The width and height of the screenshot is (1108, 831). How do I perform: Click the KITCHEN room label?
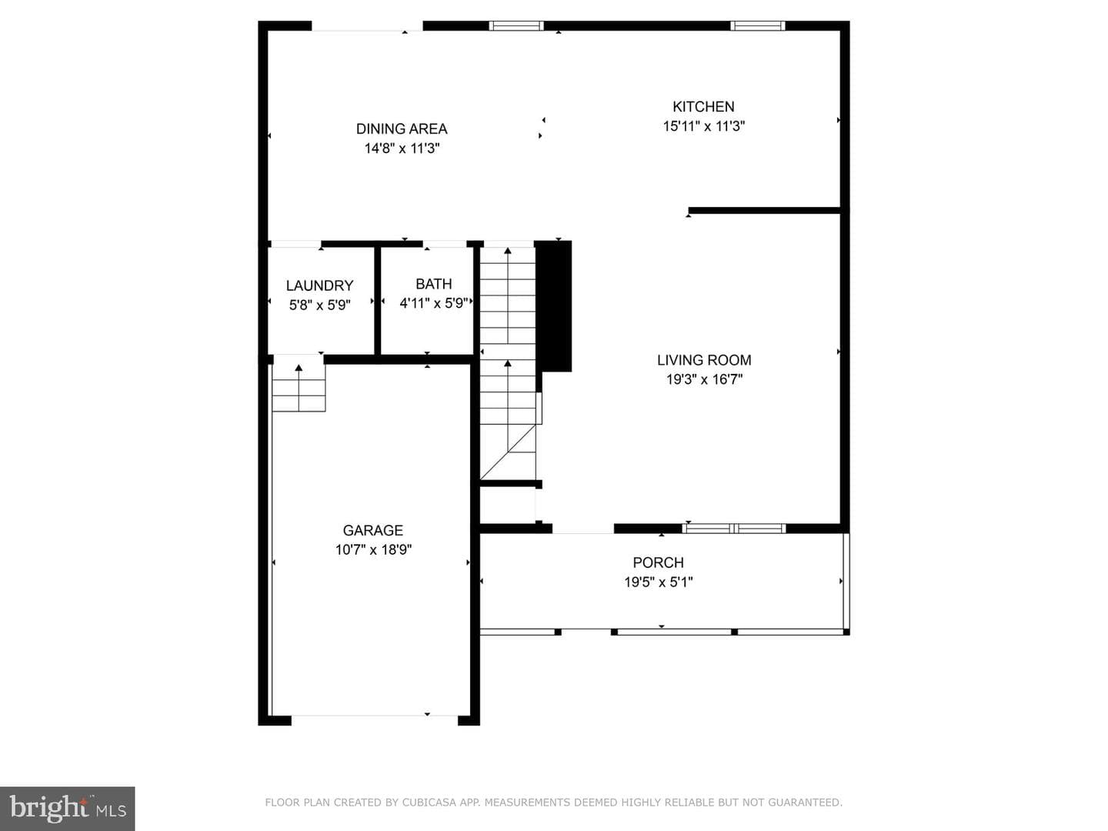pos(703,106)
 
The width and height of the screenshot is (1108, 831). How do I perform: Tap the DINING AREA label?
pos(402,128)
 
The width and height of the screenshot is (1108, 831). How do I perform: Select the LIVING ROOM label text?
pos(704,360)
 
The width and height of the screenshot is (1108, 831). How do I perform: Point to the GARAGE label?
pos(373,530)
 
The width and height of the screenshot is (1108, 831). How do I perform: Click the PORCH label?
pos(658,562)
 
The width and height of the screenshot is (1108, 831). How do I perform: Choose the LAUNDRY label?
pos(319,285)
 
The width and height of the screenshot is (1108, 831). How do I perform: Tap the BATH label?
pos(434,284)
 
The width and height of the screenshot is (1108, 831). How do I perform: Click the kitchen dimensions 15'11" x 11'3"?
pos(704,126)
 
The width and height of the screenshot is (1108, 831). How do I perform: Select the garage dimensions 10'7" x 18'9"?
pos(373,549)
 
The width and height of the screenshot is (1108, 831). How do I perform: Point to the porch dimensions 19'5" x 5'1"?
pos(658,582)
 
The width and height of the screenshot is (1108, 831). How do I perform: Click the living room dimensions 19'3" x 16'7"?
pos(704,379)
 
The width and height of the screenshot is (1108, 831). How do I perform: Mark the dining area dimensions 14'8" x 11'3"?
pos(402,149)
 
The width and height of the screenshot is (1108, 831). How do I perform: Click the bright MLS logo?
pos(67,808)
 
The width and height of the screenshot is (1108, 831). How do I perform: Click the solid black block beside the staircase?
pos(553,306)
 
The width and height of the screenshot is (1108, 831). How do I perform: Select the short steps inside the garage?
pos(299,388)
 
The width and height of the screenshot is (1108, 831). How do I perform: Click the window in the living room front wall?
pos(734,529)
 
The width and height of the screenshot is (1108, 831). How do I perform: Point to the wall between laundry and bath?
pos(377,301)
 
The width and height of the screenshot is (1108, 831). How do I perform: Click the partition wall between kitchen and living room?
pos(764,210)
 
